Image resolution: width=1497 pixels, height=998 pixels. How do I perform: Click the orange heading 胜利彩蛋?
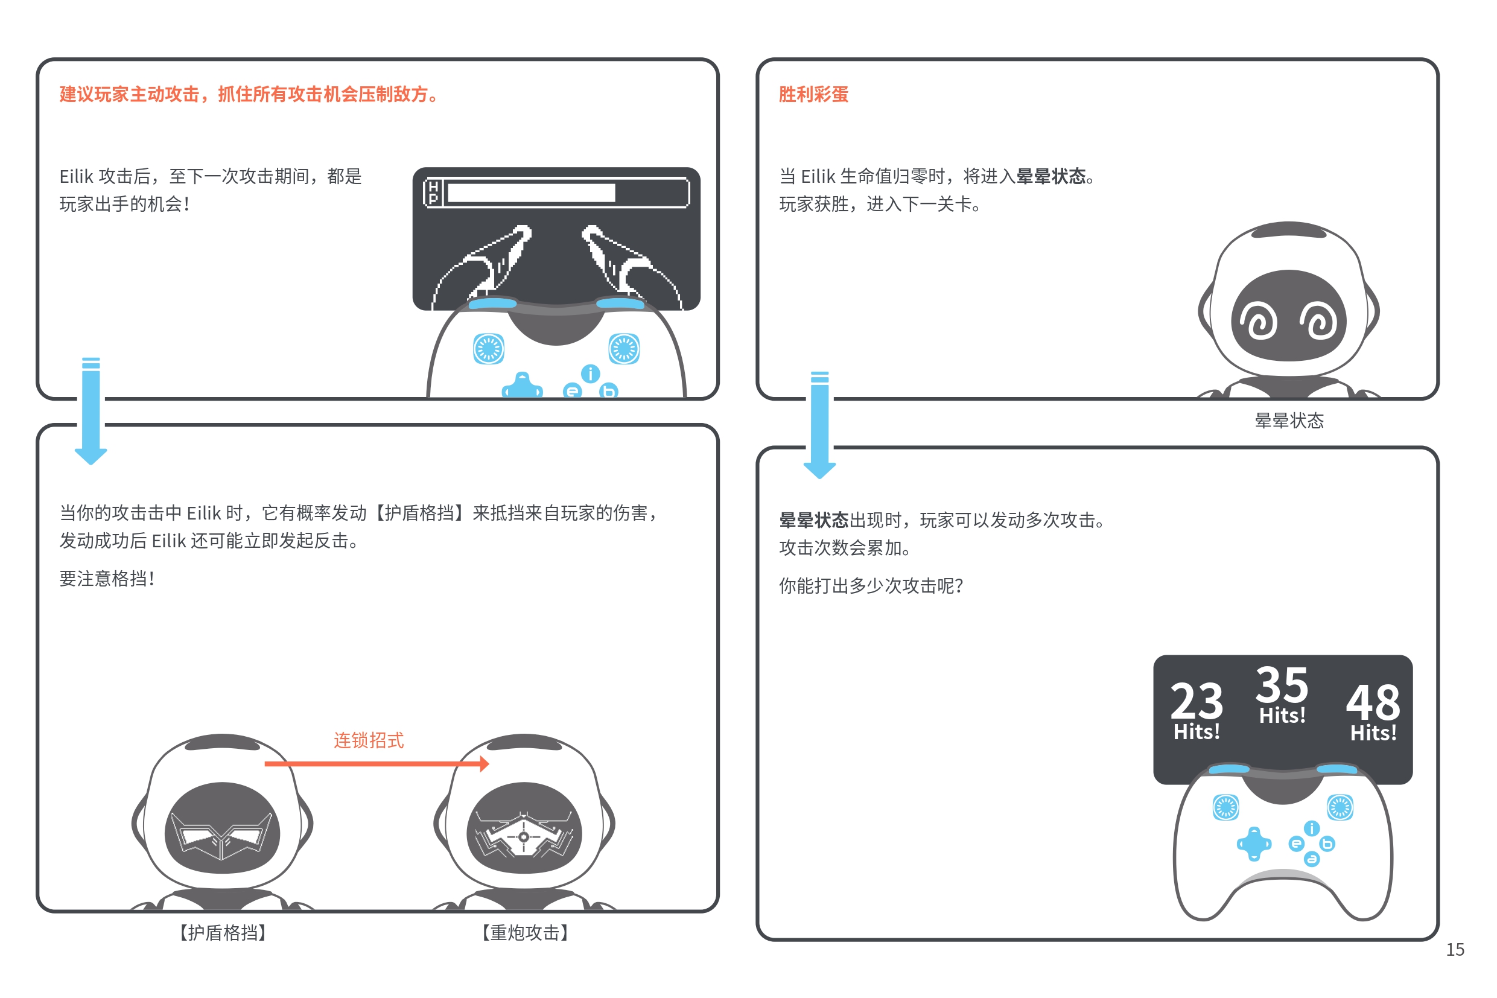(x=813, y=94)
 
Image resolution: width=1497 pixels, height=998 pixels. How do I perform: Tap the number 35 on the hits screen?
(x=1282, y=684)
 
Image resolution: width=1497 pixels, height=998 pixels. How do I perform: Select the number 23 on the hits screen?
(x=1197, y=701)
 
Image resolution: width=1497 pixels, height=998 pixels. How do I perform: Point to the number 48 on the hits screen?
(x=1373, y=702)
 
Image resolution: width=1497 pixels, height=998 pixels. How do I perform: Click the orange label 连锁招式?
(x=369, y=740)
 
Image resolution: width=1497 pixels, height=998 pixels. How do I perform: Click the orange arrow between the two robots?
(x=377, y=763)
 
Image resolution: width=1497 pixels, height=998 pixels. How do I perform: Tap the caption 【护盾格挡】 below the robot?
(x=222, y=932)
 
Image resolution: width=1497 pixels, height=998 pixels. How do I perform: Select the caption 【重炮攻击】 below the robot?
(x=524, y=932)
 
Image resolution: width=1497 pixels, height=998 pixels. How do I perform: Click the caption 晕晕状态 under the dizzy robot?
(x=1289, y=420)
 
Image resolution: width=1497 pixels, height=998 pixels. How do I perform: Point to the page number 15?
(x=1455, y=950)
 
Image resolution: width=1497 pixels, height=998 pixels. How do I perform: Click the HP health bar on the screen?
(x=556, y=192)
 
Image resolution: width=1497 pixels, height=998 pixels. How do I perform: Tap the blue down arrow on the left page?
(x=91, y=410)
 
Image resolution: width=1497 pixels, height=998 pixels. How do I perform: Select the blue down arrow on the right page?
(x=819, y=425)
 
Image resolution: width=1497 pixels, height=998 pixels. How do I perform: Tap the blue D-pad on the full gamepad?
(x=1254, y=844)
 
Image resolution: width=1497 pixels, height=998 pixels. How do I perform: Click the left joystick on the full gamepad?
(x=1225, y=807)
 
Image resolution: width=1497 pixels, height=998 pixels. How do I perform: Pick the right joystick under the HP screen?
(x=624, y=349)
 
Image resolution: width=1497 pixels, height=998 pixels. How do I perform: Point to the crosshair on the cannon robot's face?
(x=523, y=837)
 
